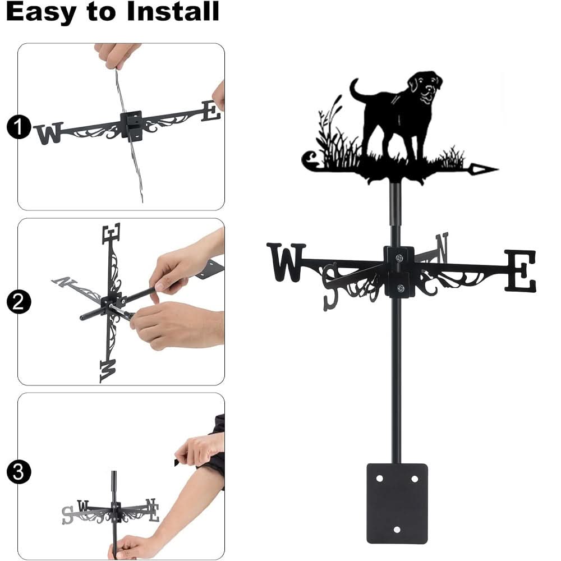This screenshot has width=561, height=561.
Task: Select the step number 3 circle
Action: tap(19, 472)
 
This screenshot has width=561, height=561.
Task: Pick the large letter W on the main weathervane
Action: tap(286, 261)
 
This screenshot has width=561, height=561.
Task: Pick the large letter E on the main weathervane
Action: tap(520, 271)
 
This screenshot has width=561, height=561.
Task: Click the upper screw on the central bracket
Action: tap(399, 257)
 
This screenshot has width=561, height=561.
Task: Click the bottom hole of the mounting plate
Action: tap(397, 529)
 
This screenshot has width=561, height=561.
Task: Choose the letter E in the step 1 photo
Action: tap(211, 111)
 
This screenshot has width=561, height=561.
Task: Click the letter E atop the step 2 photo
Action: tap(111, 233)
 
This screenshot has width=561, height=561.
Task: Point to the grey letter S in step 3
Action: tap(68, 515)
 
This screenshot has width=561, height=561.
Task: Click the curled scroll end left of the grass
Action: tap(309, 160)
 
